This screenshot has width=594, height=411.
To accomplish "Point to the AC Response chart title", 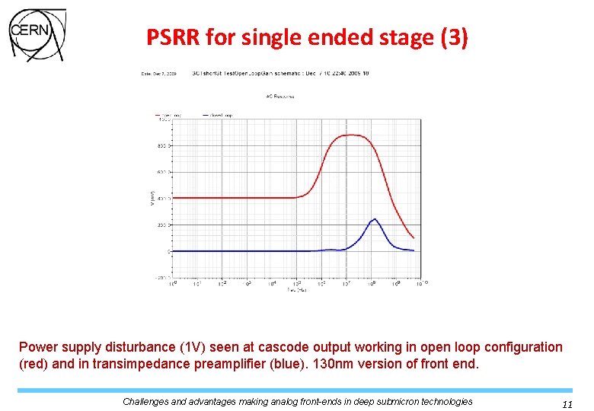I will [280, 97].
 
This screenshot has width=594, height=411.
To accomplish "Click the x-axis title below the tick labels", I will [297, 290].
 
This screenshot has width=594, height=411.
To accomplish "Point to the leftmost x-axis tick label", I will [172, 283].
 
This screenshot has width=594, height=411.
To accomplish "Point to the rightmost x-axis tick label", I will [423, 283].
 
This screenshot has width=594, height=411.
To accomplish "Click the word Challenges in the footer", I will [151, 401].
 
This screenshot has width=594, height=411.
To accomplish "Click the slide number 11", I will [567, 405].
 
